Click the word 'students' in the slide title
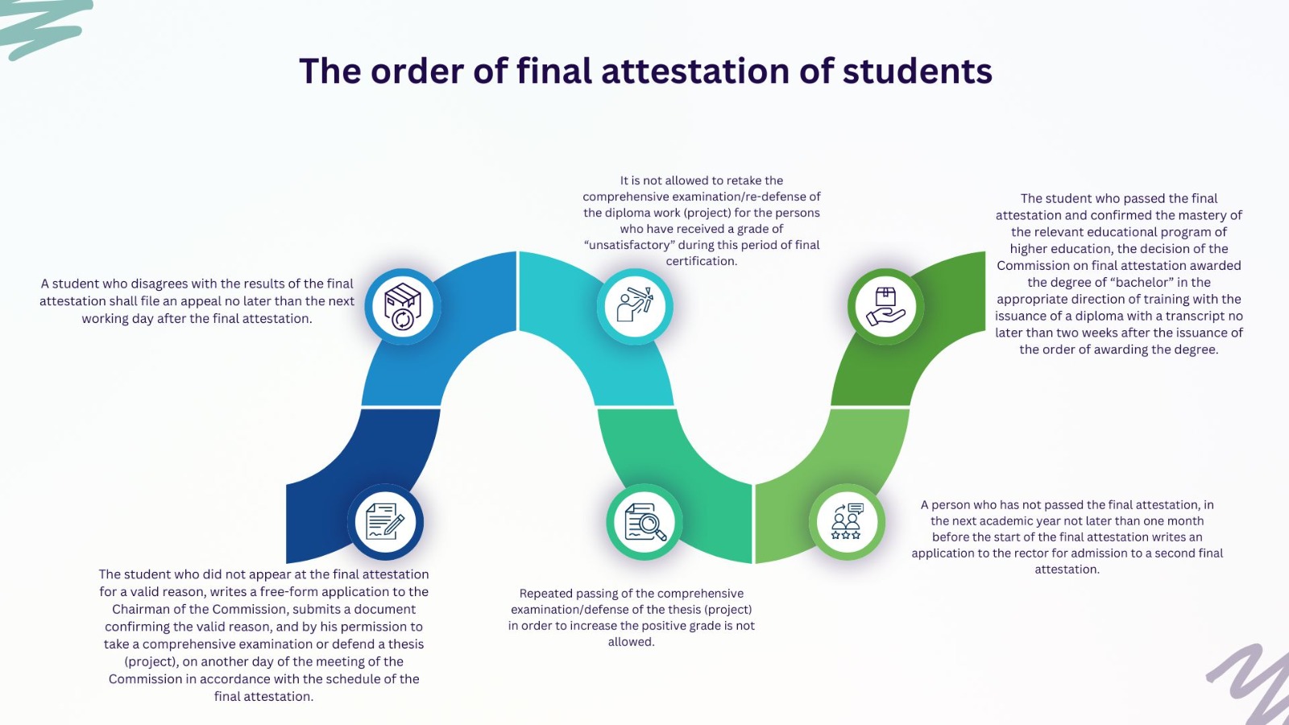click(x=918, y=71)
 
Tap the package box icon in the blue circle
click(x=403, y=306)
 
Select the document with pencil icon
click(x=385, y=521)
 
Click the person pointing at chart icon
click(x=635, y=306)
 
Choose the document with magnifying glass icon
click(x=644, y=522)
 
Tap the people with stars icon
click(x=847, y=522)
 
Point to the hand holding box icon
click(x=885, y=306)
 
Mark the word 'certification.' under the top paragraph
click(x=701, y=261)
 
